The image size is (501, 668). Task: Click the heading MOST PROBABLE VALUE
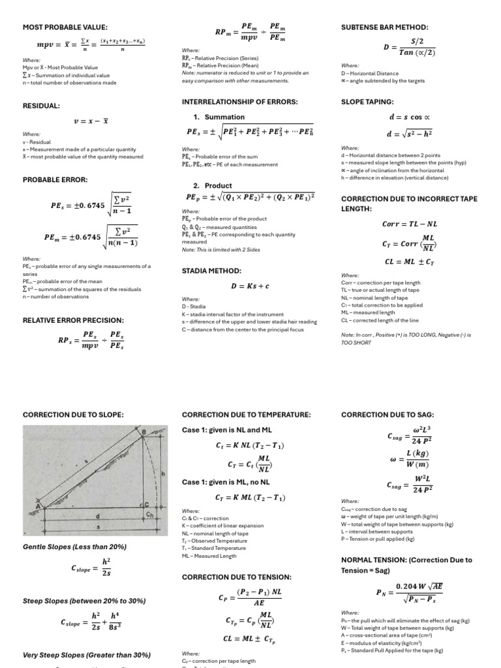tap(65, 27)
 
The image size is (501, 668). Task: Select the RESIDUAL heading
tap(41, 105)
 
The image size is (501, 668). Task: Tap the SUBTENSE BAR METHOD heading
tap(385, 27)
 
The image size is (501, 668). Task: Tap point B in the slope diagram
tap(144, 432)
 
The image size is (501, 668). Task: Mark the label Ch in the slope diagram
tap(150, 515)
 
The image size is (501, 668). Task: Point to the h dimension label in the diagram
tap(162, 474)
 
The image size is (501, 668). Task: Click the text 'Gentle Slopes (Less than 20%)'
tap(74, 547)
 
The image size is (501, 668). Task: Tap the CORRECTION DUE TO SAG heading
tap(387, 414)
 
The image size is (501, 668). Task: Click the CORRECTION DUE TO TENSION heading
tap(236, 577)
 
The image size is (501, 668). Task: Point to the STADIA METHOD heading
tap(211, 270)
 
